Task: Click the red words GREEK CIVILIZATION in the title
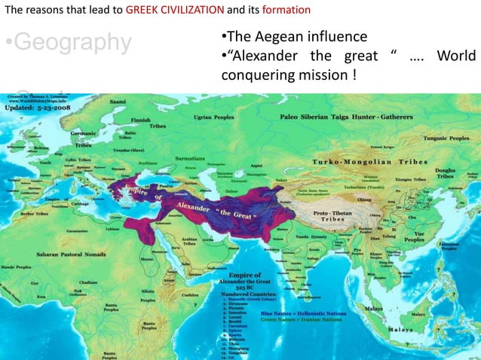[x=175, y=10]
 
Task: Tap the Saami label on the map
[x=118, y=100]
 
